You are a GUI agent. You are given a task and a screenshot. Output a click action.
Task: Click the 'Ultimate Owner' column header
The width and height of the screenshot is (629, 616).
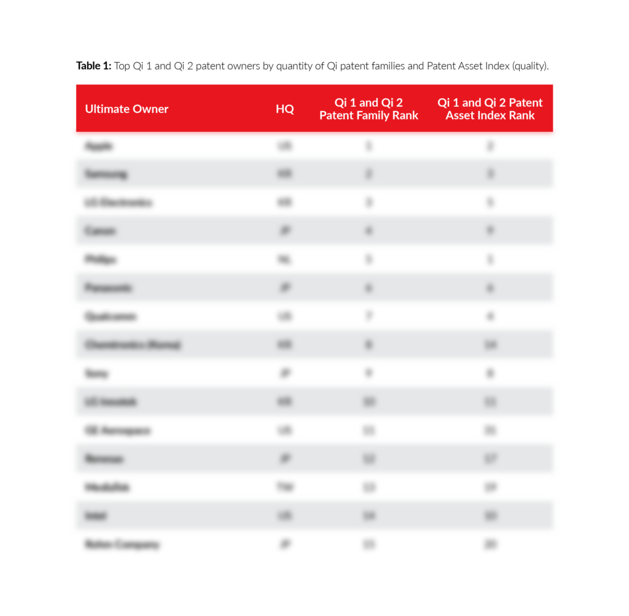[127, 109]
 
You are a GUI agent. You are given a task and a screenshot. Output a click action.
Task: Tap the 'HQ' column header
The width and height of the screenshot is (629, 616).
[284, 109]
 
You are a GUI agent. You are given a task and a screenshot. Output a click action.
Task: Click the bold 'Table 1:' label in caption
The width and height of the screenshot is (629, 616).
[93, 66]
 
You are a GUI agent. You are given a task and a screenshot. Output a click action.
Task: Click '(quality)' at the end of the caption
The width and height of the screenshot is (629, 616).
[529, 66]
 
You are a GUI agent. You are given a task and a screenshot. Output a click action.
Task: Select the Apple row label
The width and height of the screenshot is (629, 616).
[99, 146]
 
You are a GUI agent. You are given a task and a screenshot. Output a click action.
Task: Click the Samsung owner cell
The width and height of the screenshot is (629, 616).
[106, 174]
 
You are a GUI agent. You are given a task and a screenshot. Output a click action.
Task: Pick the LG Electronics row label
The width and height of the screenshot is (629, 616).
[119, 202]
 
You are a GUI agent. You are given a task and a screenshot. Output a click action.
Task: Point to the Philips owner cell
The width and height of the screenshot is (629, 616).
[101, 260]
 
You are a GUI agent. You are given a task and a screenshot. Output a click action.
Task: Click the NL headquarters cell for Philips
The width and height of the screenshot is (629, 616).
[284, 260]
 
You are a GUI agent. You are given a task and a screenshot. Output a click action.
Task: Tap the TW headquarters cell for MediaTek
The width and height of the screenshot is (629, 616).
[284, 487]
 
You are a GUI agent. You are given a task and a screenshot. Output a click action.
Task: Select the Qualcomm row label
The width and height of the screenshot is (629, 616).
[111, 317]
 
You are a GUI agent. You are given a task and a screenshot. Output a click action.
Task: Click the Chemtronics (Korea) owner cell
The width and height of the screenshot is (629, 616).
[133, 345]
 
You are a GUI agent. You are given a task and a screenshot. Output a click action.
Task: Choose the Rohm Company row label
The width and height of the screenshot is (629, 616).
[122, 544]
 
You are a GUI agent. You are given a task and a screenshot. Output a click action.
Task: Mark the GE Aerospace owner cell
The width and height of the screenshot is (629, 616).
[117, 431]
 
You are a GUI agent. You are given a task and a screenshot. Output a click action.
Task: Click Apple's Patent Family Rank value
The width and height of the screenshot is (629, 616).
[369, 146]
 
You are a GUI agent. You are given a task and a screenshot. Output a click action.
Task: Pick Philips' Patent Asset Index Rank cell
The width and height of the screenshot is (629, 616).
[490, 260]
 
